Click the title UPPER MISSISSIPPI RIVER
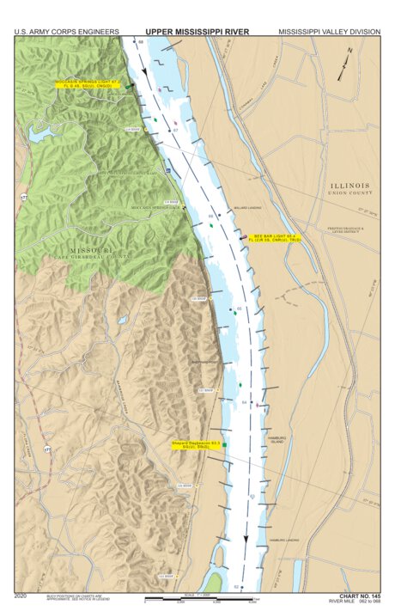(x=197, y=31)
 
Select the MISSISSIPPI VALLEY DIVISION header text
(x=329, y=32)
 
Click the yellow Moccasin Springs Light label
(x=88, y=85)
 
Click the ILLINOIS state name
(x=349, y=185)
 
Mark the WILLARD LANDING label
(x=246, y=207)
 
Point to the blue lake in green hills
(x=39, y=133)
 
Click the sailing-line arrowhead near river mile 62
(x=246, y=541)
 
